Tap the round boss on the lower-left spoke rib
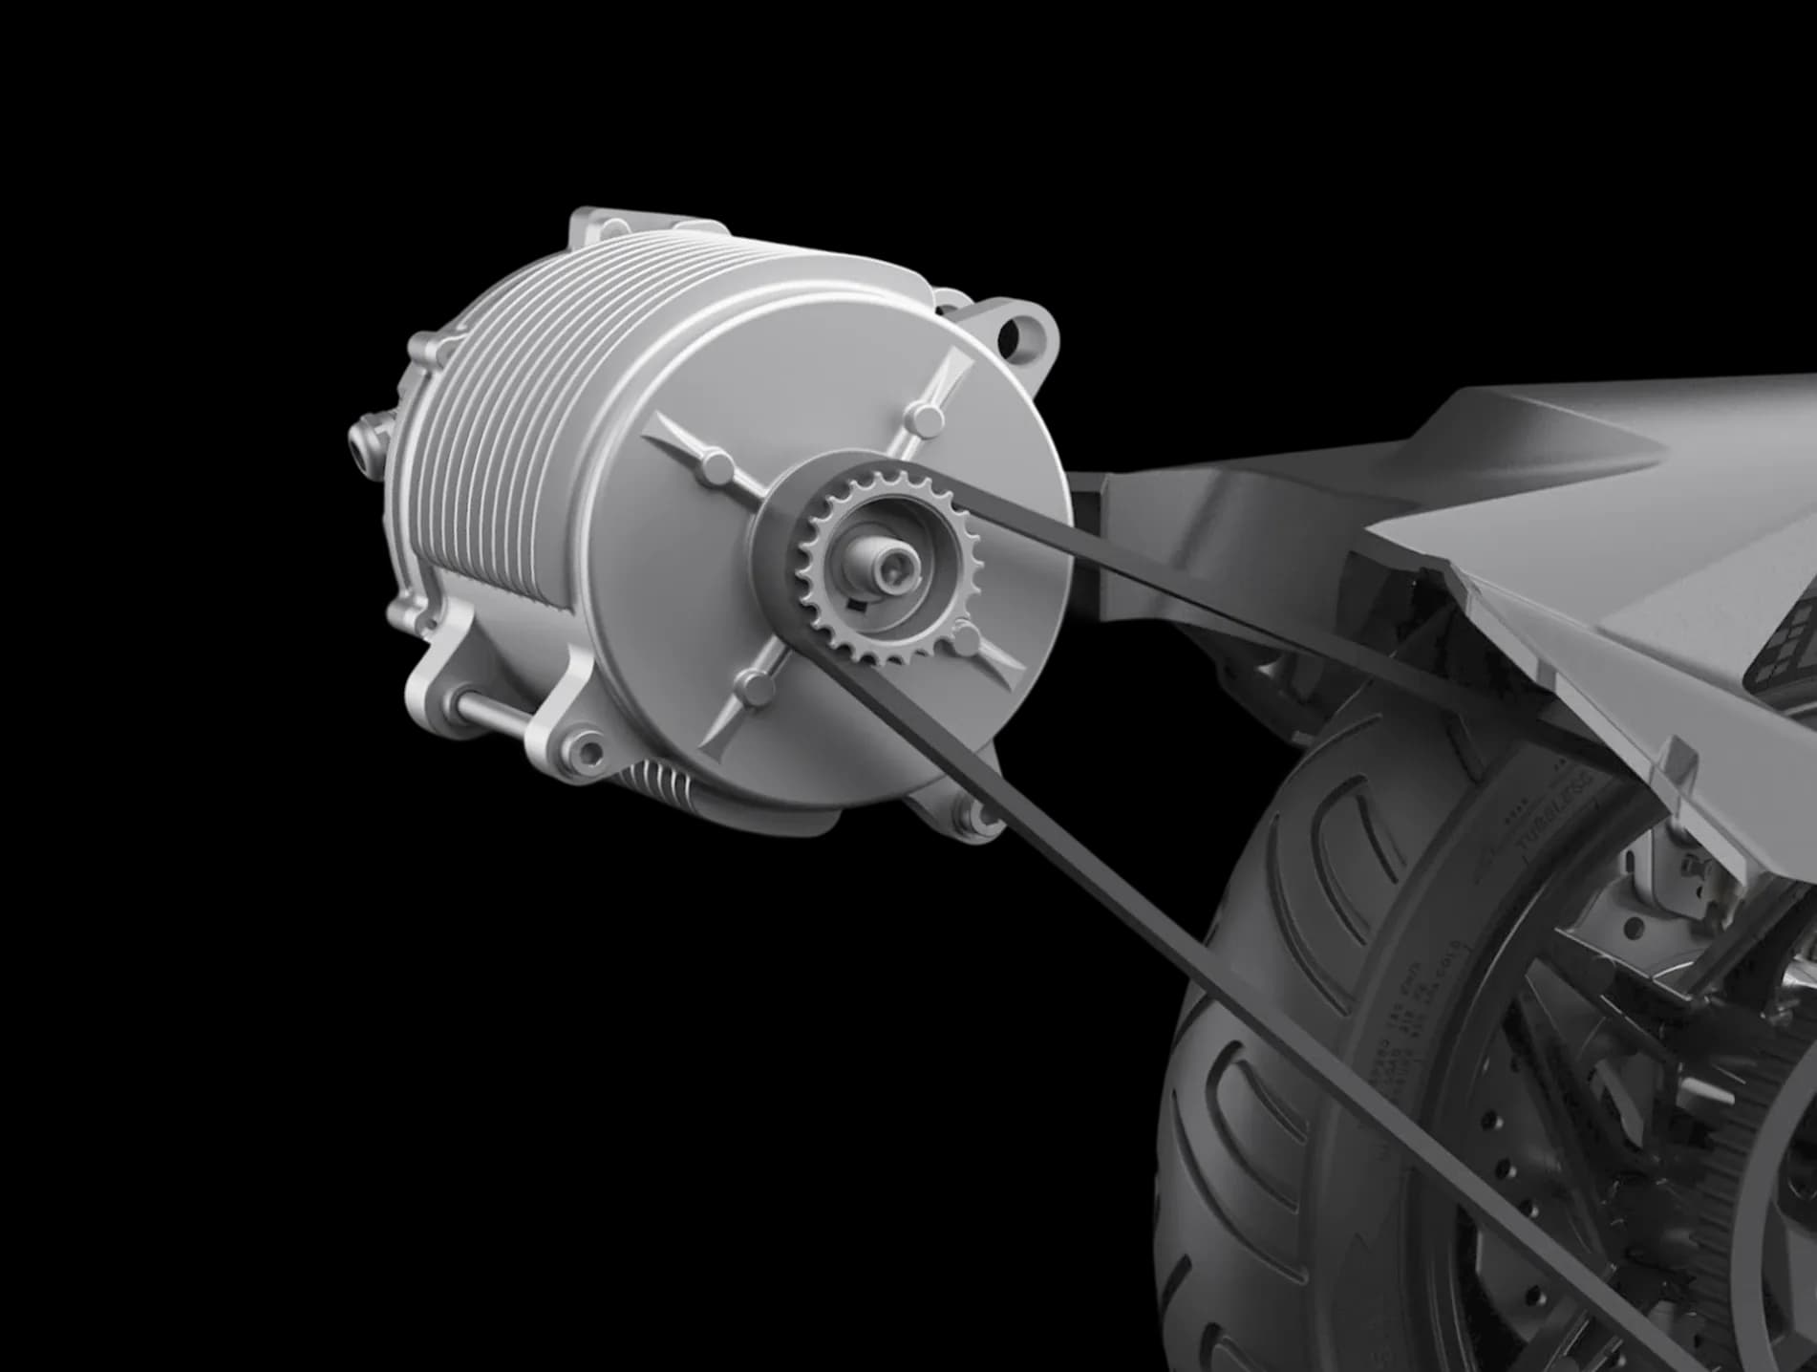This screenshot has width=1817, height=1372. pyautogui.click(x=758, y=684)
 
